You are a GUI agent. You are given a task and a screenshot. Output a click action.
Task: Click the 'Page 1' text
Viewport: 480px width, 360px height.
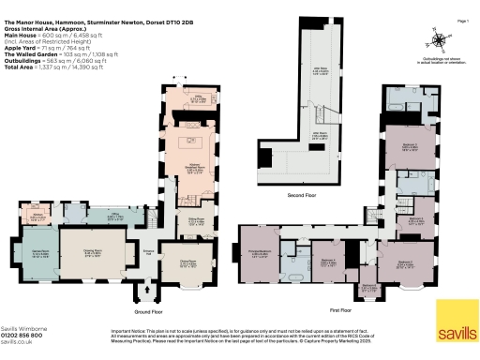(461, 21)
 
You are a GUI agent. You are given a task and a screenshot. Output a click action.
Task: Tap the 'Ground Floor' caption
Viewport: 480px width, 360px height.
(149, 309)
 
